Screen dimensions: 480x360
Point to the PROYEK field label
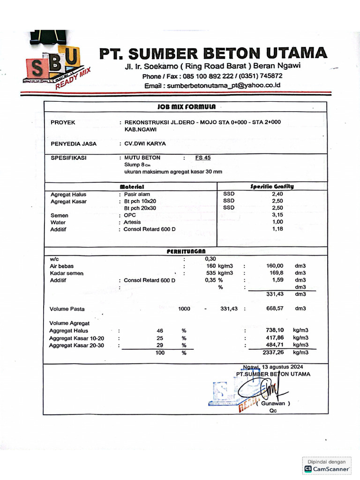click(63, 123)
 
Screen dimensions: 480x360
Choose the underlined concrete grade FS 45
click(203, 158)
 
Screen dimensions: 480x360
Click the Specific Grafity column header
click(272, 186)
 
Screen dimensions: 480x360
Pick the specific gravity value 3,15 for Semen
click(277, 215)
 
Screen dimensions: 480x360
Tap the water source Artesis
click(132, 222)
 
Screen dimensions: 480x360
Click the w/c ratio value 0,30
click(210, 259)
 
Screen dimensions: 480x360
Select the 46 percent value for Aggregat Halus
click(160, 331)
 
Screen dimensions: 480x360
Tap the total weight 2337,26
click(275, 352)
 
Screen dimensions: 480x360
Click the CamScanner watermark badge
click(327, 465)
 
